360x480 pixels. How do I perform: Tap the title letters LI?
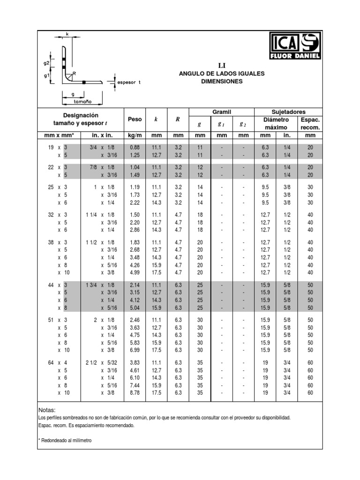222,65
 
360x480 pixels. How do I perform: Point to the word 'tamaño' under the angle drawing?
82,101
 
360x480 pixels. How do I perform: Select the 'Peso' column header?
135,120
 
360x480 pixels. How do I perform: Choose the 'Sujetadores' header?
288,112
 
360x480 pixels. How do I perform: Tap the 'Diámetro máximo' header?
276,123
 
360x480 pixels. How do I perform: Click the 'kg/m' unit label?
135,135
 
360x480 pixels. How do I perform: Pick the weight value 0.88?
135,147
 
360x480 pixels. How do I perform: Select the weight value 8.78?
135,393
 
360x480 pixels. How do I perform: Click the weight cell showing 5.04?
135,308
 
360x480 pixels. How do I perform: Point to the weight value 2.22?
135,202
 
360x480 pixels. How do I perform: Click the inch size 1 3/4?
92,285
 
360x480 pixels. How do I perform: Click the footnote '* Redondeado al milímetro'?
64,441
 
